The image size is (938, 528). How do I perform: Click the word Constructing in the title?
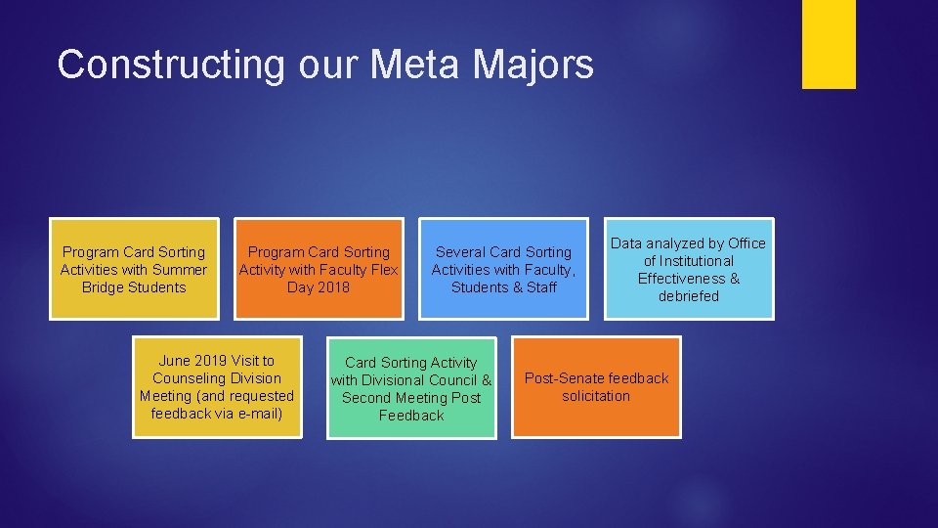click(171, 65)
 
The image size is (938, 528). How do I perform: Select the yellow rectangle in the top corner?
click(829, 44)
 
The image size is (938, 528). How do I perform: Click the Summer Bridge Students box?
click(134, 269)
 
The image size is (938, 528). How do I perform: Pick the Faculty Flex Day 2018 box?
click(319, 269)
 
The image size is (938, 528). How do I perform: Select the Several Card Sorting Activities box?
click(503, 269)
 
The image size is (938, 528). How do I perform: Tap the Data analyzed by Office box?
click(689, 269)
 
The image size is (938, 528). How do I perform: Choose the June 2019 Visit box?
click(217, 387)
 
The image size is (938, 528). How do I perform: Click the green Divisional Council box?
click(411, 388)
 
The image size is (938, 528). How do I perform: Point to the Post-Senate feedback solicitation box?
click(596, 387)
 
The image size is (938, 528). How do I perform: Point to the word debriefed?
click(688, 296)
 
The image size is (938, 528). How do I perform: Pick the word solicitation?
click(596, 396)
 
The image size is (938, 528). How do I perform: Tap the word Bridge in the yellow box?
click(107, 287)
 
